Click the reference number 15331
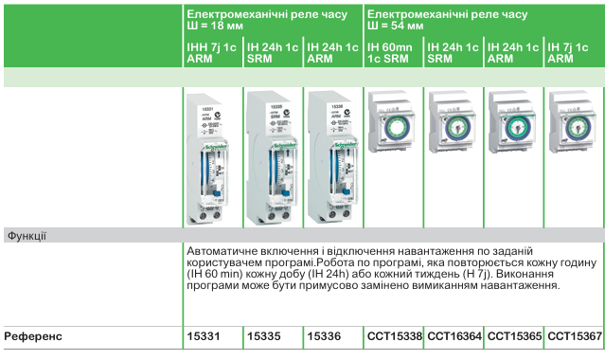click(x=204, y=335)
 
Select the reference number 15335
click(x=263, y=335)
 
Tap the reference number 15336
click(x=324, y=335)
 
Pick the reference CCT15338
click(x=394, y=335)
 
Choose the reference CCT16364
click(x=454, y=335)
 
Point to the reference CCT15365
click(x=514, y=335)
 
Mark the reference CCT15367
click(x=574, y=335)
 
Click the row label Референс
click(x=36, y=335)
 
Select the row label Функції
click(x=27, y=234)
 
